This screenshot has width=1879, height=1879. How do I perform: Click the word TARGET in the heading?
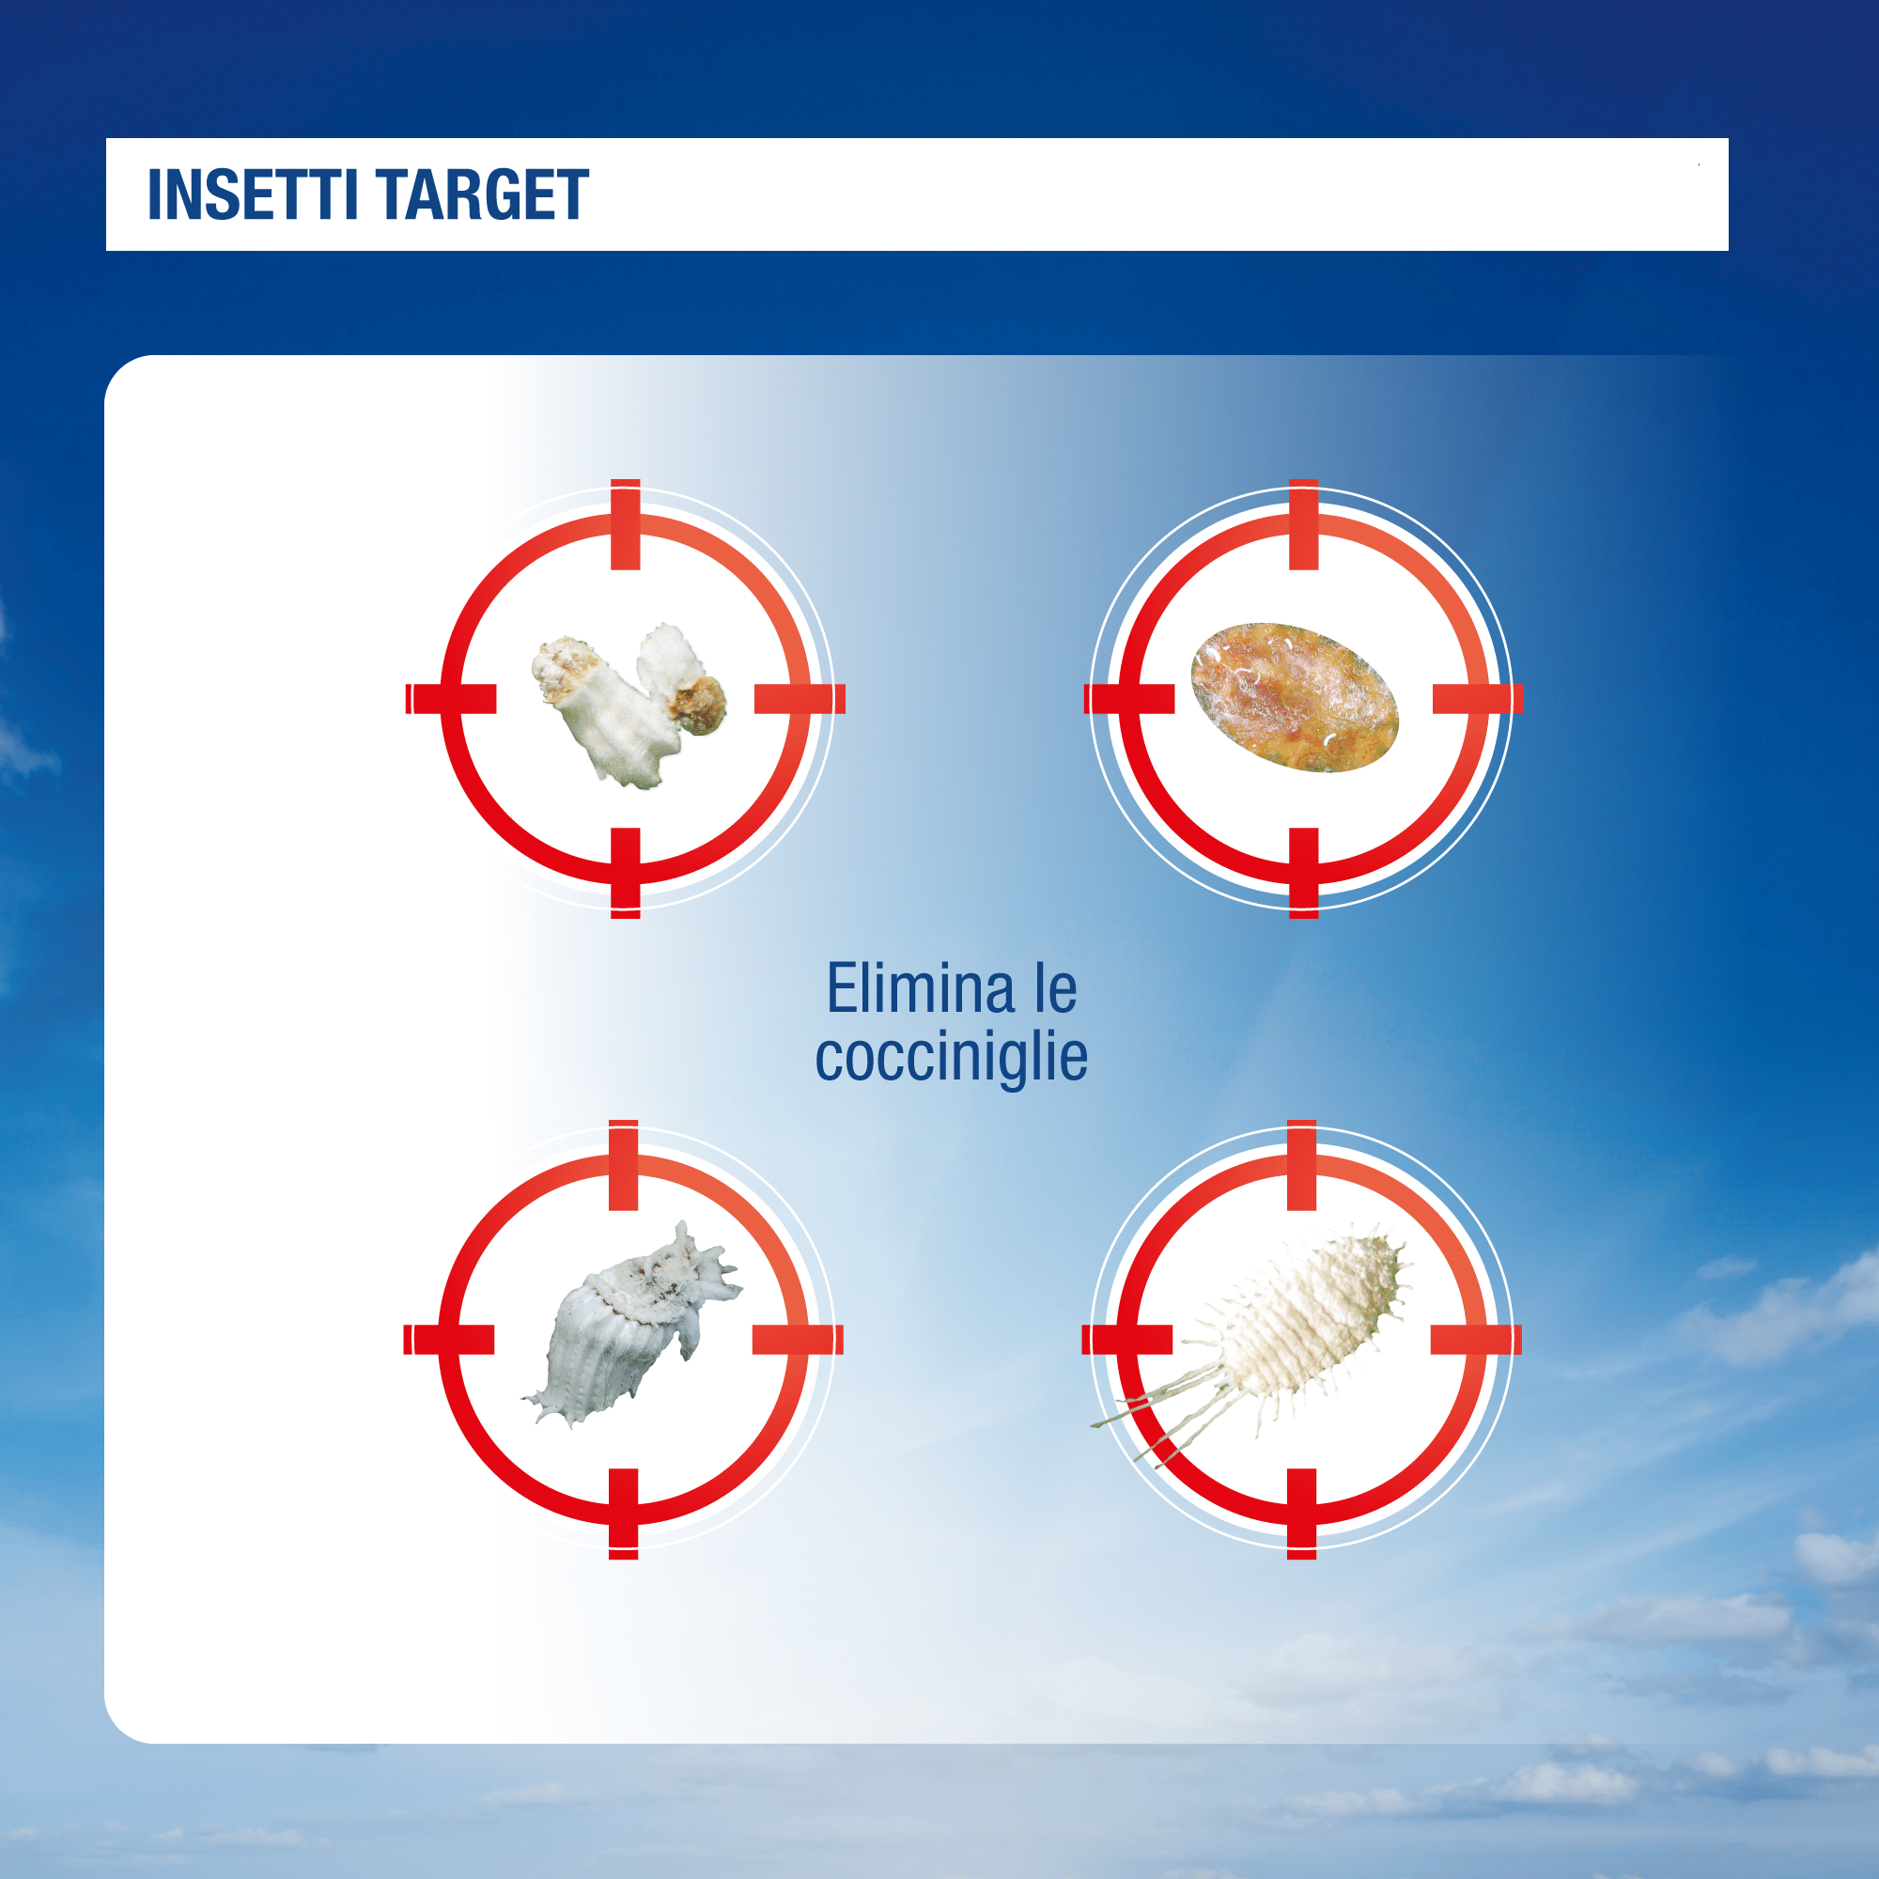(482, 195)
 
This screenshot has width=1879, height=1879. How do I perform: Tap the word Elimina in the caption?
(919, 988)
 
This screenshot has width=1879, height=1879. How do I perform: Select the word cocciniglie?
(951, 1057)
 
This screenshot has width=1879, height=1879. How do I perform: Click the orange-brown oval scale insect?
(1295, 696)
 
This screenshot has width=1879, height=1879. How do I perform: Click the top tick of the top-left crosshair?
(626, 524)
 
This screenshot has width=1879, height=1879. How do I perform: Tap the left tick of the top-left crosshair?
(450, 698)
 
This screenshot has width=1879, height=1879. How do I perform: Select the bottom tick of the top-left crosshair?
(626, 874)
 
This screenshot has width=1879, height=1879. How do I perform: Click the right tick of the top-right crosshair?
(1477, 698)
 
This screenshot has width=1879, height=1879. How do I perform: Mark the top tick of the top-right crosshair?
(1303, 524)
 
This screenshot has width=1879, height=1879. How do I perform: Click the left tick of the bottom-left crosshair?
(448, 1339)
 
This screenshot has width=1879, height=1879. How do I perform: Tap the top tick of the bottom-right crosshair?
(1301, 1165)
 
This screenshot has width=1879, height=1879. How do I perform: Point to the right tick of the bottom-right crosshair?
(1475, 1339)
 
